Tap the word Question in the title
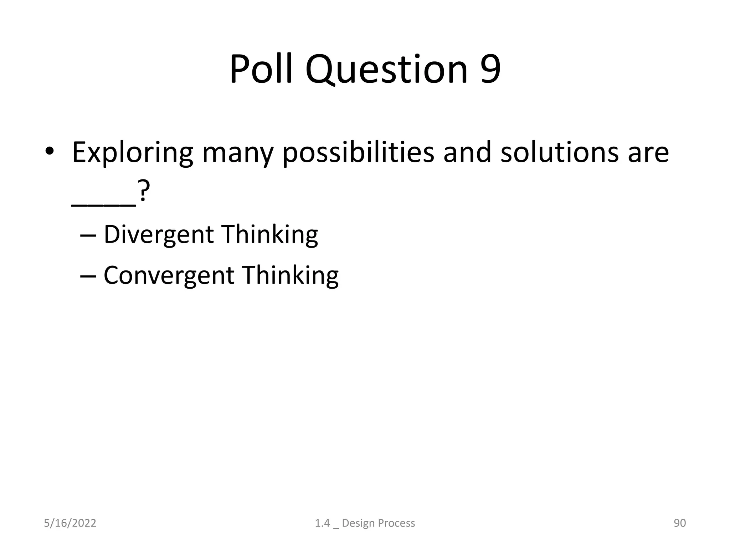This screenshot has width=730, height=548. point(386,70)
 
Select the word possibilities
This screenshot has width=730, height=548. point(358,153)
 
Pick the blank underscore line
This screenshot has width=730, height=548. point(103,205)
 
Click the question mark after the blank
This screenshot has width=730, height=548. point(143,193)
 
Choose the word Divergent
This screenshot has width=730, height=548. point(159,235)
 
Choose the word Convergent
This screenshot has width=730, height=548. point(169,276)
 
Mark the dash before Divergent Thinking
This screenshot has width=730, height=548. point(87,236)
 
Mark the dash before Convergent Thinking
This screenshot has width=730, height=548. point(87,276)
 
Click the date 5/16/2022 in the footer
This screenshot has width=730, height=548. point(70,523)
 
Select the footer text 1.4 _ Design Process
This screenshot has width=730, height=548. point(365,523)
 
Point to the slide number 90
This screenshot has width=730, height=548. point(679,523)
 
